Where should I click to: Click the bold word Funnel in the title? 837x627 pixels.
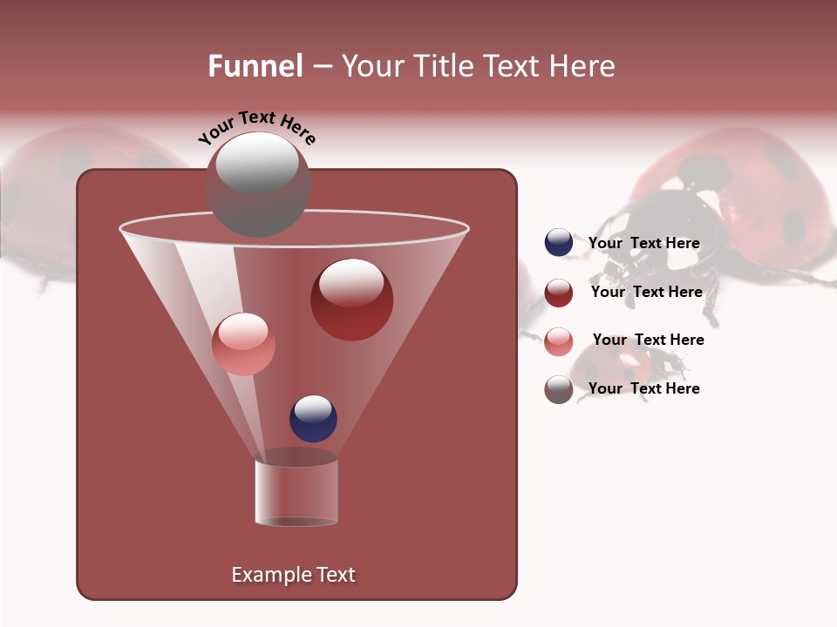point(255,66)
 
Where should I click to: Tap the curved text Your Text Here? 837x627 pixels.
point(256,127)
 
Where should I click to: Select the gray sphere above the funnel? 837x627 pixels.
point(257,185)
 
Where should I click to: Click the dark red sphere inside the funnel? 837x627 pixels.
point(351,300)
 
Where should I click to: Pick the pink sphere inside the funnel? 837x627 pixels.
point(243,344)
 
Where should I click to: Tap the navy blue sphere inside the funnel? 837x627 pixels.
point(313,418)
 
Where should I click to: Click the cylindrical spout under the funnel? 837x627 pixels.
point(296,492)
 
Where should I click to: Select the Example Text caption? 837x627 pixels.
point(293,575)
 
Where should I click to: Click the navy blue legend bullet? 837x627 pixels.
point(559,243)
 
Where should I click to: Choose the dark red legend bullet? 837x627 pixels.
point(559,293)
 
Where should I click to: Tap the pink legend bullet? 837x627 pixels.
point(559,340)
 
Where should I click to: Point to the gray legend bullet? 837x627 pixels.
point(559,389)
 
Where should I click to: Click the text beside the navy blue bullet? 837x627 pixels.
point(643,243)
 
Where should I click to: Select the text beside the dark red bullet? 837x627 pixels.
point(646,292)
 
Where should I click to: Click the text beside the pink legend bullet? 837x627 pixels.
point(648,340)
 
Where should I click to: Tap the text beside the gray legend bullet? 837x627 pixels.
point(643,388)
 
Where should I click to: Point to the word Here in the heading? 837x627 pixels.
point(583,66)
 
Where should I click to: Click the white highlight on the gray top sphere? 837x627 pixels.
point(256,163)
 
